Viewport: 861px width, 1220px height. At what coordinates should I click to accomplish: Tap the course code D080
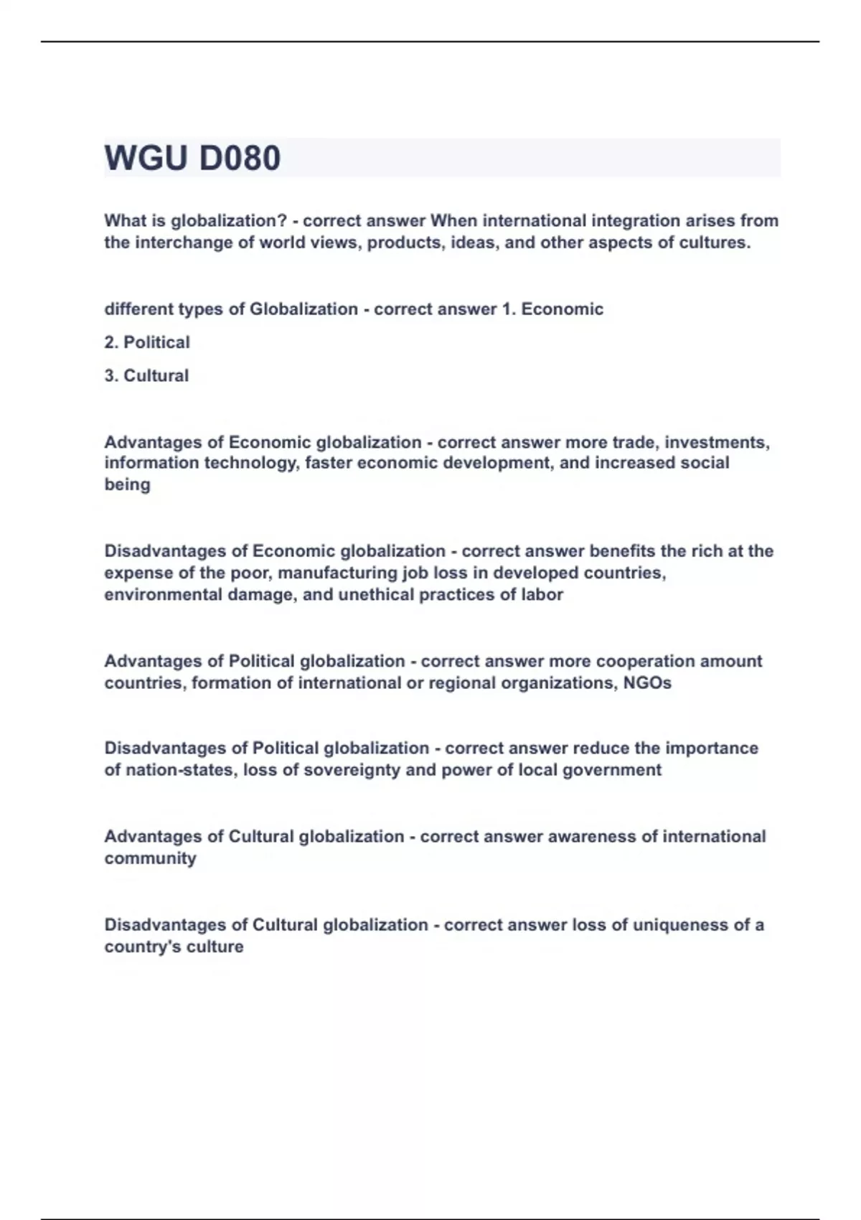pyautogui.click(x=240, y=158)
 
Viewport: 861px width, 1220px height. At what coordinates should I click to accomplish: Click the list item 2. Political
pyautogui.click(x=147, y=342)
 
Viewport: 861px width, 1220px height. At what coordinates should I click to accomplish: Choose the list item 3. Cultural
pyautogui.click(x=146, y=375)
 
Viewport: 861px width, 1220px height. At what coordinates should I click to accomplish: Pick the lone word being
pyautogui.click(x=128, y=484)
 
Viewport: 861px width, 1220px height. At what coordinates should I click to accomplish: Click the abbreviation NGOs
pyautogui.click(x=647, y=682)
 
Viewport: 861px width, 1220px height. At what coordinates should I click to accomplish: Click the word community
pyautogui.click(x=150, y=858)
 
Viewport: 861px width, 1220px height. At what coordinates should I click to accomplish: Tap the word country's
pyautogui.click(x=143, y=947)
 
